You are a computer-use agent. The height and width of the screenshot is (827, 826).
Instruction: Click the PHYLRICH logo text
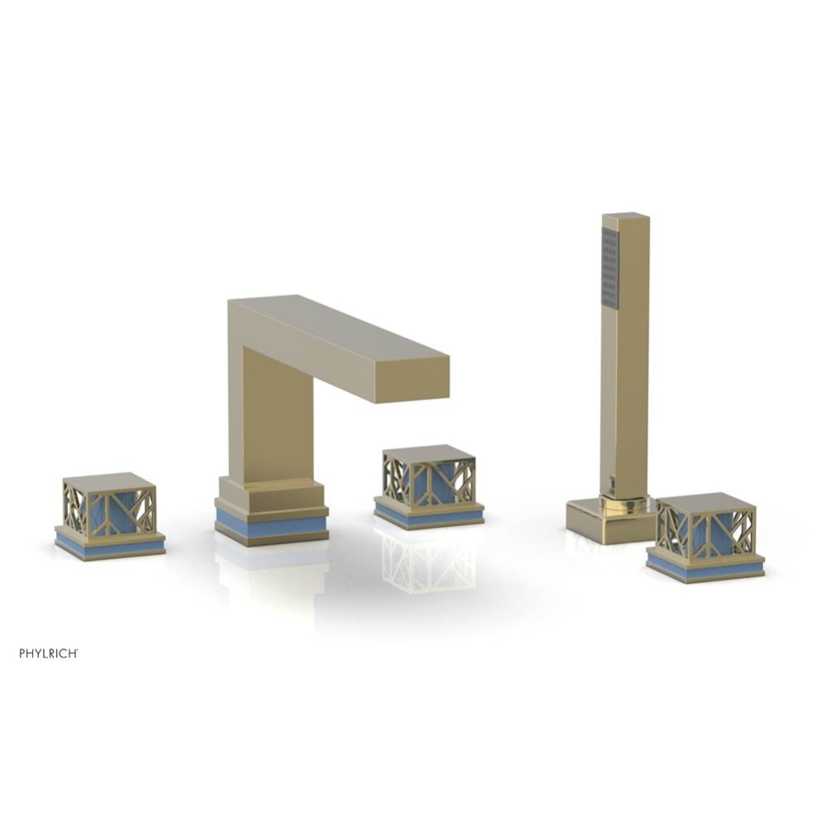(49, 653)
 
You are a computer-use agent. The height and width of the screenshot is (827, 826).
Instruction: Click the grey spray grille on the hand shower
(610, 269)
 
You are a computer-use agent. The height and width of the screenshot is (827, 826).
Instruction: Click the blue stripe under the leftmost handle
(109, 547)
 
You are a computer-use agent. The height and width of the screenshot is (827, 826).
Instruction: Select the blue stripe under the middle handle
(429, 515)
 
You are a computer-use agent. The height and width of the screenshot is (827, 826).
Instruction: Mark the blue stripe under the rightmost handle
(705, 569)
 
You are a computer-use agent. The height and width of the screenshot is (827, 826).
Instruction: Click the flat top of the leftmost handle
(109, 482)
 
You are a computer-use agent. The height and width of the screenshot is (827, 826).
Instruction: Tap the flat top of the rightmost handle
(705, 501)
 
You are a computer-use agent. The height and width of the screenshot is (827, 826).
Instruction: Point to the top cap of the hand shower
(626, 217)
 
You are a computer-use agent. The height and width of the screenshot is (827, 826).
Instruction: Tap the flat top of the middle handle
(429, 453)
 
